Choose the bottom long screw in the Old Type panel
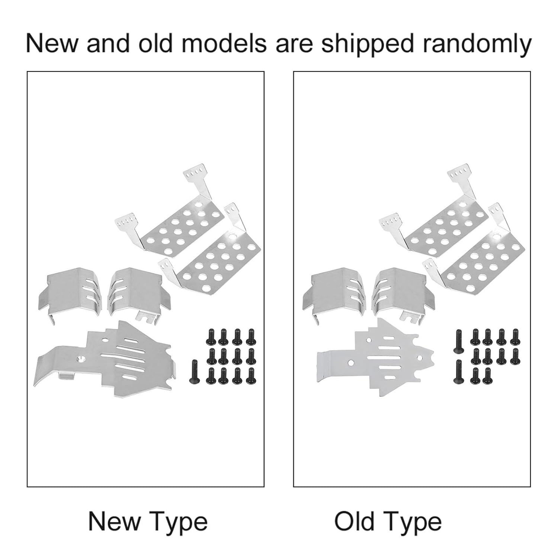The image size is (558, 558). pos(457,371)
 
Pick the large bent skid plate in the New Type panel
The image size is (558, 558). pos(104,357)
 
